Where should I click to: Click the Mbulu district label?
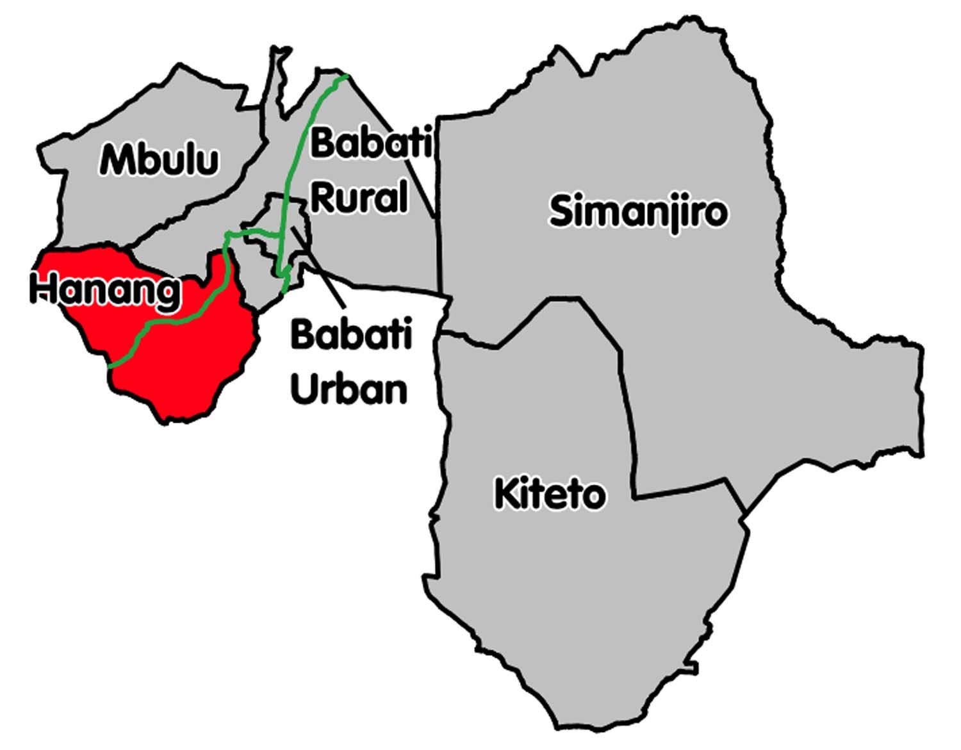pyautogui.click(x=159, y=159)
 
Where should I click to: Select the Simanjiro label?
pyautogui.click(x=639, y=212)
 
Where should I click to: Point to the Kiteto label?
pyautogui.click(x=550, y=494)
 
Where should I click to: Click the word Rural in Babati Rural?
pyautogui.click(x=359, y=198)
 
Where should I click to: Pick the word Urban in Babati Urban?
pyautogui.click(x=349, y=389)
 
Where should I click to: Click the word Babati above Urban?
pyautogui.click(x=351, y=334)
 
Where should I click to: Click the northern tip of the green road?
pyautogui.click(x=346, y=77)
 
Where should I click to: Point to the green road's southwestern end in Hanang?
pyautogui.click(x=111, y=366)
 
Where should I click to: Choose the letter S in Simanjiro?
pyautogui.click(x=561, y=211)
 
